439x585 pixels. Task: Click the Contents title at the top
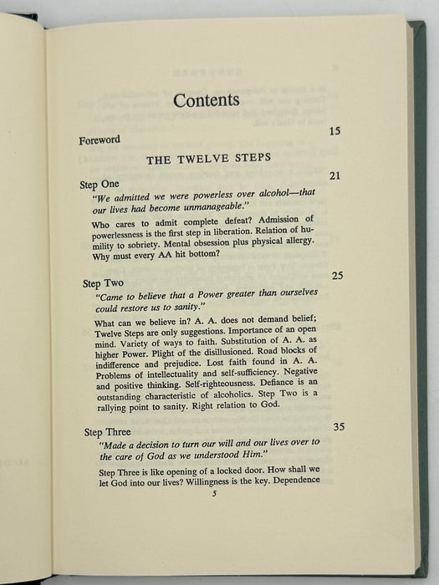207,100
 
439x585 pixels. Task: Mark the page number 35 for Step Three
338,426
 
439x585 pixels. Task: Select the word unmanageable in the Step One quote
220,211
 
